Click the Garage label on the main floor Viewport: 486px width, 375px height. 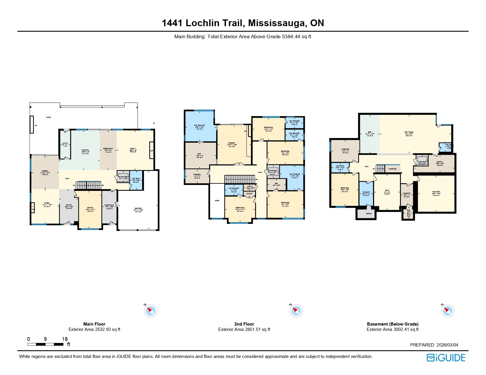(x=138, y=209)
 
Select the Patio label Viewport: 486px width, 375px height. (x=49, y=117)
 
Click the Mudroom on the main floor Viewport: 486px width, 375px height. (x=109, y=206)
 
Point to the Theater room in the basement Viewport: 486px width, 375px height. (x=436, y=193)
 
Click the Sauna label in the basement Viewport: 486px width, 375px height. (x=369, y=214)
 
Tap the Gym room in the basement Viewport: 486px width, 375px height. (x=387, y=192)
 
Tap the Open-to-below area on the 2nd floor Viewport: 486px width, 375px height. (x=217, y=201)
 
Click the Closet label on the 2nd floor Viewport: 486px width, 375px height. (x=249, y=194)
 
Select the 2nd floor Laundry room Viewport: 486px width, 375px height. (x=197, y=175)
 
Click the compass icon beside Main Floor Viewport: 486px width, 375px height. (x=151, y=311)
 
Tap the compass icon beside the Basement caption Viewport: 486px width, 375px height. (x=447, y=311)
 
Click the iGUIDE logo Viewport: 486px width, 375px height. (x=446, y=358)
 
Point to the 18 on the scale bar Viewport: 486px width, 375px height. (x=65, y=339)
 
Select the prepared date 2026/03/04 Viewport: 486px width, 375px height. (x=447, y=345)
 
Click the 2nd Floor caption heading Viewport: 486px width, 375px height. (x=244, y=324)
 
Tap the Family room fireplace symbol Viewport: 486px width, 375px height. (x=151, y=151)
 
